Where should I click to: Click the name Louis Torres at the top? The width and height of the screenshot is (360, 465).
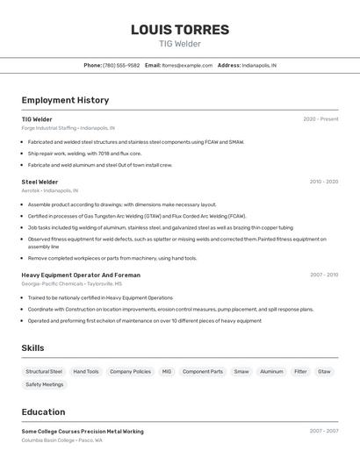pyautogui.click(x=180, y=30)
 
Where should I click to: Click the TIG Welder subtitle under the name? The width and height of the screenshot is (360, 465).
pyautogui.click(x=180, y=44)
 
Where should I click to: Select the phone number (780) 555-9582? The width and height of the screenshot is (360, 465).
pyautogui.click(x=121, y=65)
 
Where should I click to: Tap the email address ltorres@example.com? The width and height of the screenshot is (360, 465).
pyautogui.click(x=188, y=65)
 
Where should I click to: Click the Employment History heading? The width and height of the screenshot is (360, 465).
pyautogui.click(x=65, y=100)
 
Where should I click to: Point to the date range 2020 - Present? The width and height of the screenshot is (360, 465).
pyautogui.click(x=320, y=119)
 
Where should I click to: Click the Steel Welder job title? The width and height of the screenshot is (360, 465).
pyautogui.click(x=40, y=182)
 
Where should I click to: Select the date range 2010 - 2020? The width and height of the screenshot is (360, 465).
pyautogui.click(x=323, y=182)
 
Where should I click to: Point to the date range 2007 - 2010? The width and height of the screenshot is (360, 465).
pyautogui.click(x=323, y=275)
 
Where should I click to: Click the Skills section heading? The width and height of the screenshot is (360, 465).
pyautogui.click(x=33, y=348)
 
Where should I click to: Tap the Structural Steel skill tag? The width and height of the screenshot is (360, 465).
pyautogui.click(x=44, y=371)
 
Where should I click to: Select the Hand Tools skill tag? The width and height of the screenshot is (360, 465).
pyautogui.click(x=86, y=371)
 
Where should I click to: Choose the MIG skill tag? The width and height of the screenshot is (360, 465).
pyautogui.click(x=167, y=371)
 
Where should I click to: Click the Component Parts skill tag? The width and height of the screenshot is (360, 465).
pyautogui.click(x=203, y=371)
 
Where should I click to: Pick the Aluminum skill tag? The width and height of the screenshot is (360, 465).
pyautogui.click(x=271, y=371)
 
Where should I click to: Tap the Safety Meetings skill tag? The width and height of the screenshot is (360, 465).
pyautogui.click(x=45, y=384)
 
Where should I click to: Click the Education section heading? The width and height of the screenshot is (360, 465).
pyautogui.click(x=43, y=411)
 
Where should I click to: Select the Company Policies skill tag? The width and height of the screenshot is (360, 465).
pyautogui.click(x=130, y=371)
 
